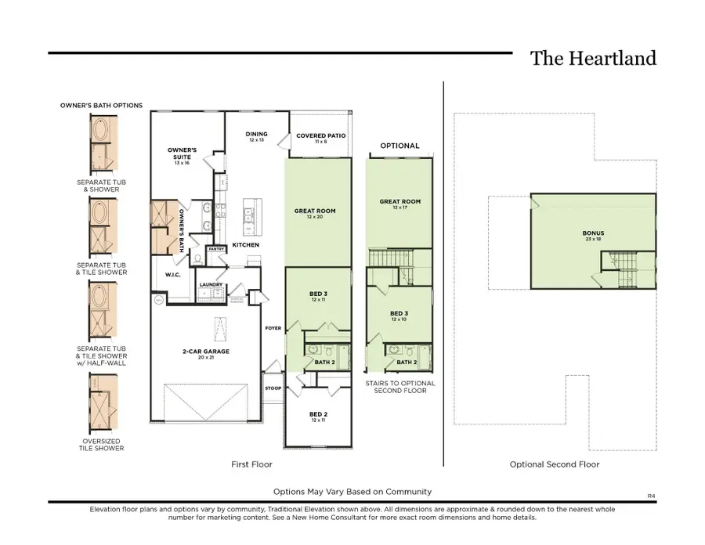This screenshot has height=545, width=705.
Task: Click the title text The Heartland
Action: point(593,59)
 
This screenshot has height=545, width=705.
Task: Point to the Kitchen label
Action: point(245,245)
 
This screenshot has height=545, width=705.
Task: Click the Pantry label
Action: point(215,250)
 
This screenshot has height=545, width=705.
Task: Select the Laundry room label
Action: point(210,284)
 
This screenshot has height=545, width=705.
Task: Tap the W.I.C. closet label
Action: point(173,275)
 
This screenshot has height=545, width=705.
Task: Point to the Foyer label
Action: point(273,328)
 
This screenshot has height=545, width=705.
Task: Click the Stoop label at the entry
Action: point(273,388)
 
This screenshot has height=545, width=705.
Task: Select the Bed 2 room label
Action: point(317,417)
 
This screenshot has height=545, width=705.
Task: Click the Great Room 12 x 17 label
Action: point(399,204)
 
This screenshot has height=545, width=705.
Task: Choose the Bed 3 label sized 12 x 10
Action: point(399,316)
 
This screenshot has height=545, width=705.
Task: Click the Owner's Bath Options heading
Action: point(101,105)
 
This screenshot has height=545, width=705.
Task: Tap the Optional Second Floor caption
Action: point(554,464)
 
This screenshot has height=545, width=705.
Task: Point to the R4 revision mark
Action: point(650,496)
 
